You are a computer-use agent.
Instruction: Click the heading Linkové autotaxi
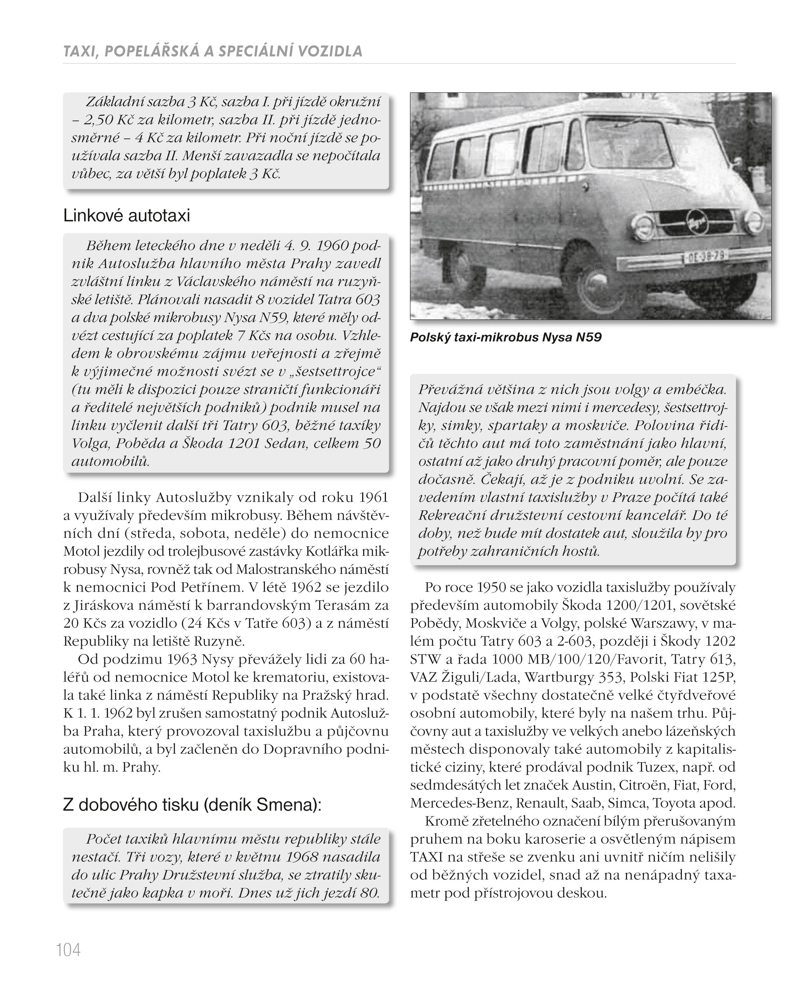[126, 216]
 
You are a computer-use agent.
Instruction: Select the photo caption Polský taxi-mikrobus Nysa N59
[505, 337]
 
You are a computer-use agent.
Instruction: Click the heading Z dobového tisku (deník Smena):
[192, 805]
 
